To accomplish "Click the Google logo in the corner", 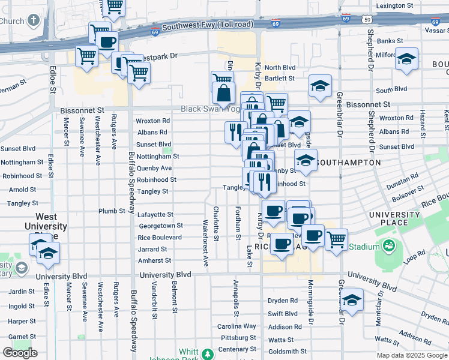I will point(20,353).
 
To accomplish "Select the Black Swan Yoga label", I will point(207,109).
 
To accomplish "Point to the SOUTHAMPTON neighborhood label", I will point(348,163).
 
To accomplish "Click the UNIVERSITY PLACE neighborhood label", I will point(394,219).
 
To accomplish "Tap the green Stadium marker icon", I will point(388,246).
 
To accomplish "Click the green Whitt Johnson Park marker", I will point(208,354).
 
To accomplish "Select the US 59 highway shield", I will point(366,19).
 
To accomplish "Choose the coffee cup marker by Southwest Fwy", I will point(107,43).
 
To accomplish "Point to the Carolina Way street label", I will point(237,326).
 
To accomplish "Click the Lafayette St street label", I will point(156,214).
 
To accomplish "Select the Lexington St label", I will point(395,6).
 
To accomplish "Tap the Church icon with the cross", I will point(33,20).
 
